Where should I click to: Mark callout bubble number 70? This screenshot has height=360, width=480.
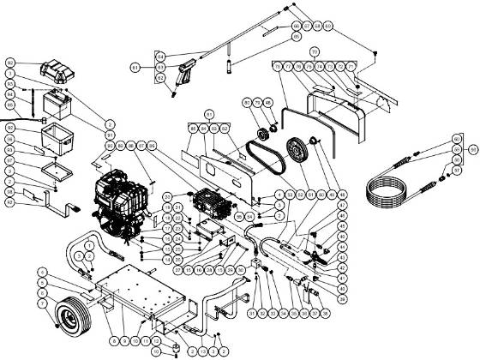(315, 52)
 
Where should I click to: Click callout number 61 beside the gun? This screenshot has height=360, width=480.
(135, 66)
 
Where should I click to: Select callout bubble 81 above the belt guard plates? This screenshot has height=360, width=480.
(208, 113)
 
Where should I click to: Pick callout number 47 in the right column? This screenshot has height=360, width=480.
(341, 207)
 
